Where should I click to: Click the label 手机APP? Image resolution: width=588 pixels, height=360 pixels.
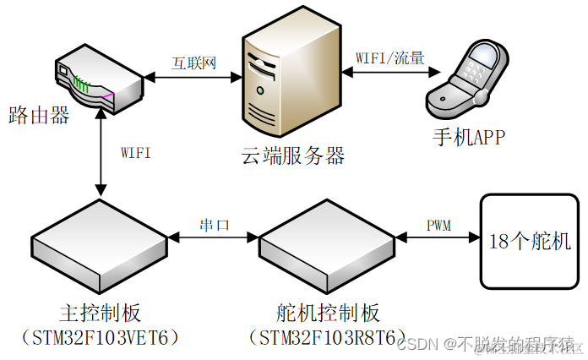click(470, 136)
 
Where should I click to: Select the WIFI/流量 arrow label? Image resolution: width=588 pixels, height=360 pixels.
click(389, 59)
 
